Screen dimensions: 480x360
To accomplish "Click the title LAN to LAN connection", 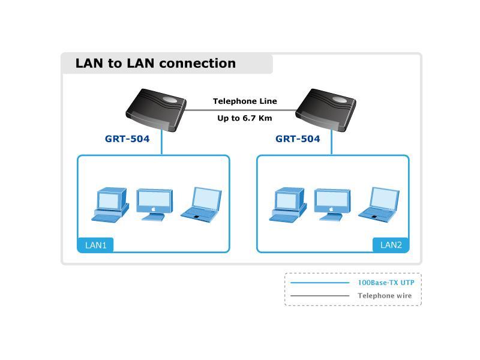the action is [x=155, y=64].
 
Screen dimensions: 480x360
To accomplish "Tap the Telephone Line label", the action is [x=245, y=101].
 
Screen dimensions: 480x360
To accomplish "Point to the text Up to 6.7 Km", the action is [x=245, y=118].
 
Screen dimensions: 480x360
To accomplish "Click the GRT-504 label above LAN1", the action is [x=127, y=139].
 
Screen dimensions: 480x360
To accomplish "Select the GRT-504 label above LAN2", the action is [x=298, y=139].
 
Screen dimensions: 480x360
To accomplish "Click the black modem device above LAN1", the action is [x=156, y=110].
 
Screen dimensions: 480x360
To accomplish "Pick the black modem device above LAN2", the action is [x=326, y=110].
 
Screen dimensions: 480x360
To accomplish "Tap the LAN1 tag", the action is [x=95, y=245].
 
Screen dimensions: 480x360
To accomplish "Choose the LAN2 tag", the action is [x=391, y=245].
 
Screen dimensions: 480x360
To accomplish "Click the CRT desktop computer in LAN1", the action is [x=110, y=205].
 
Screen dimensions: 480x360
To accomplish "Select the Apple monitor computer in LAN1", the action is [x=155, y=205].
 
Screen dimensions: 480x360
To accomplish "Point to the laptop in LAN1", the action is [x=201, y=205].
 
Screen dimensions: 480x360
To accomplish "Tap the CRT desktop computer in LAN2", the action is [x=288, y=205].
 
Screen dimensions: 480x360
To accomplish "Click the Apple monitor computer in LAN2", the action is [x=332, y=205].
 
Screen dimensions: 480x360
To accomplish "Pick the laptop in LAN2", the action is [x=379, y=205].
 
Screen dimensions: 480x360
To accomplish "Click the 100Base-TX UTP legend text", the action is [x=386, y=283].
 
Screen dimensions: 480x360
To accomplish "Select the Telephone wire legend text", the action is [x=385, y=296].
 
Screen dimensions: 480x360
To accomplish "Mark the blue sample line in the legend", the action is [x=320, y=283].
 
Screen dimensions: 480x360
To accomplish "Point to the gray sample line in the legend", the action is [x=320, y=296].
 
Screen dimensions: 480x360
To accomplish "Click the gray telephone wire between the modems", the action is [x=241, y=110].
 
